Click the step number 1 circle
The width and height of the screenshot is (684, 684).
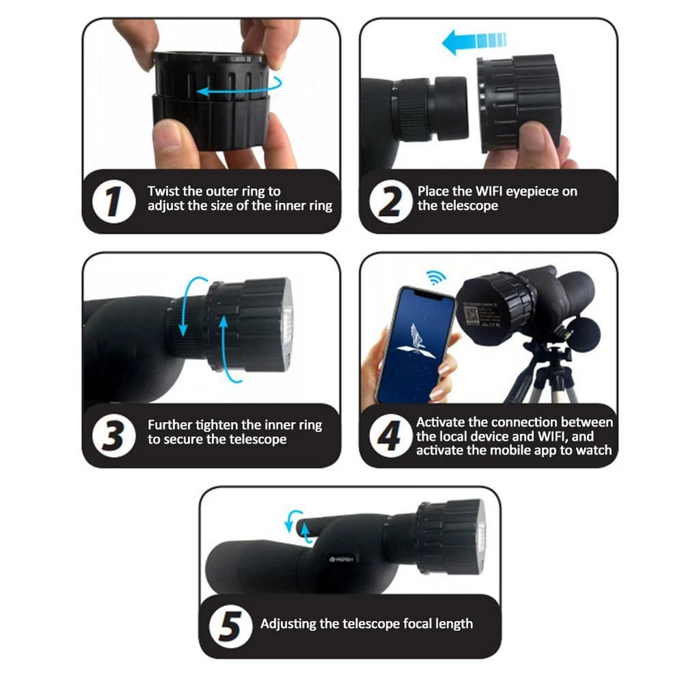(x=114, y=202)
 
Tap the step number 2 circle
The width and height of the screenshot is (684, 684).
(x=391, y=202)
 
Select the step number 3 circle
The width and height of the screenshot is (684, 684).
(x=114, y=435)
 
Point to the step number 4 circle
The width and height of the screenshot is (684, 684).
(x=391, y=435)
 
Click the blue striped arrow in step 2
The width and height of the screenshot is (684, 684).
(x=474, y=42)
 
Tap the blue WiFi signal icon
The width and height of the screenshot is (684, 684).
(x=436, y=277)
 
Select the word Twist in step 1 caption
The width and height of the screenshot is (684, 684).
(x=163, y=191)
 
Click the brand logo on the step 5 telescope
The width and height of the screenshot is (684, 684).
(x=341, y=559)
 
